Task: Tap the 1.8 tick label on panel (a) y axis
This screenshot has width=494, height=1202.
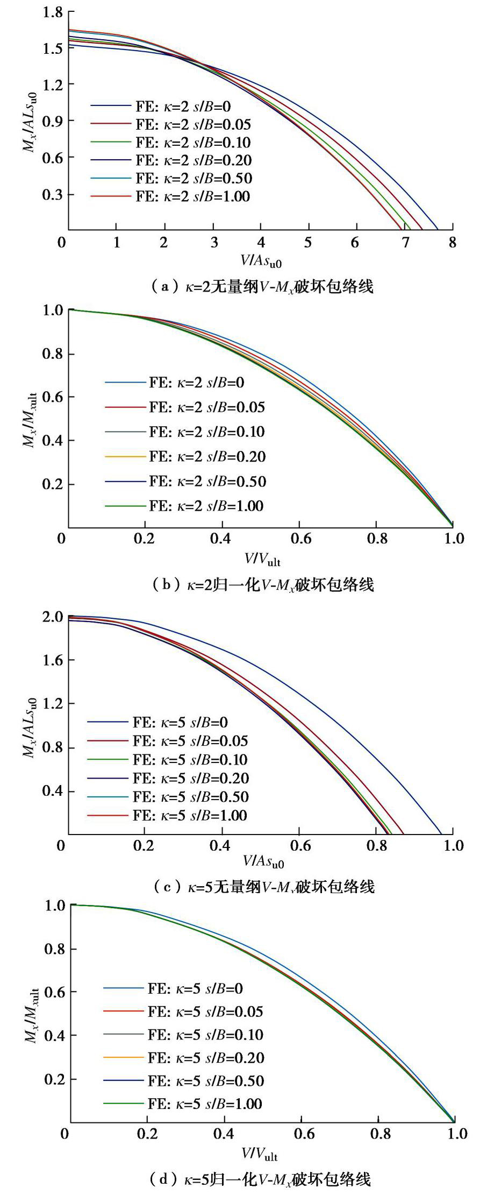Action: (52, 11)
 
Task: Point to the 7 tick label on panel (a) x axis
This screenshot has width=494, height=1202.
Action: (405, 243)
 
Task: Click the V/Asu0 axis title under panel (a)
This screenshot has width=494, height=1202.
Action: (261, 261)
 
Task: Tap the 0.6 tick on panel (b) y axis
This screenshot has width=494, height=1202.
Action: (53, 397)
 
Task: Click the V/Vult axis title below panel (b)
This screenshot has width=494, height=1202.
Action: (262, 559)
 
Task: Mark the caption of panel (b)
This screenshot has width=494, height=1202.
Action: (262, 584)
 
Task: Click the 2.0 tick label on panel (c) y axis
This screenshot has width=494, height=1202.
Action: (53, 617)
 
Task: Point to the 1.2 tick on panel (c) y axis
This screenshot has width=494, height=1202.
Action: (53, 704)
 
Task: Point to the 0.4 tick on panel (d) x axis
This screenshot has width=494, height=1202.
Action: (224, 1134)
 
